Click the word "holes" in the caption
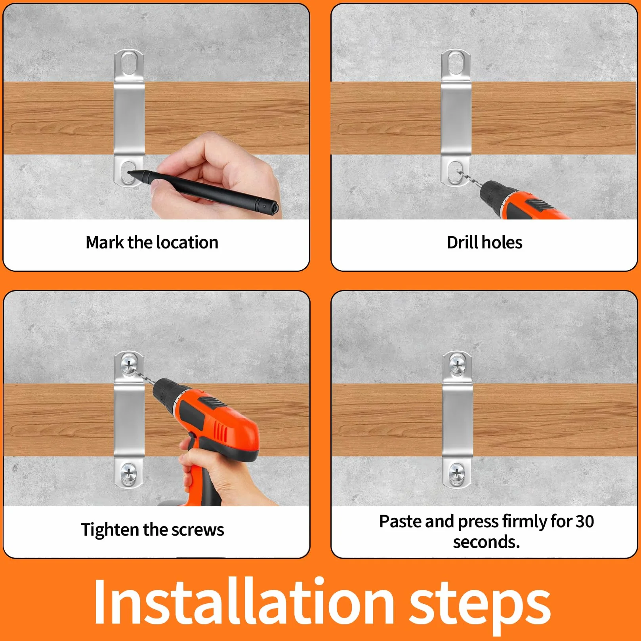(502, 242)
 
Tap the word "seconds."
(486, 542)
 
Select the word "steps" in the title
(480, 606)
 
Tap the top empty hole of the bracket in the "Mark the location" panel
(128, 63)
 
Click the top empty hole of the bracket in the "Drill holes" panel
(456, 63)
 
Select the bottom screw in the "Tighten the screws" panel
(128, 472)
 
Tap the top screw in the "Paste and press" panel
(457, 364)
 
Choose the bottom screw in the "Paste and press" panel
(457, 472)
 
